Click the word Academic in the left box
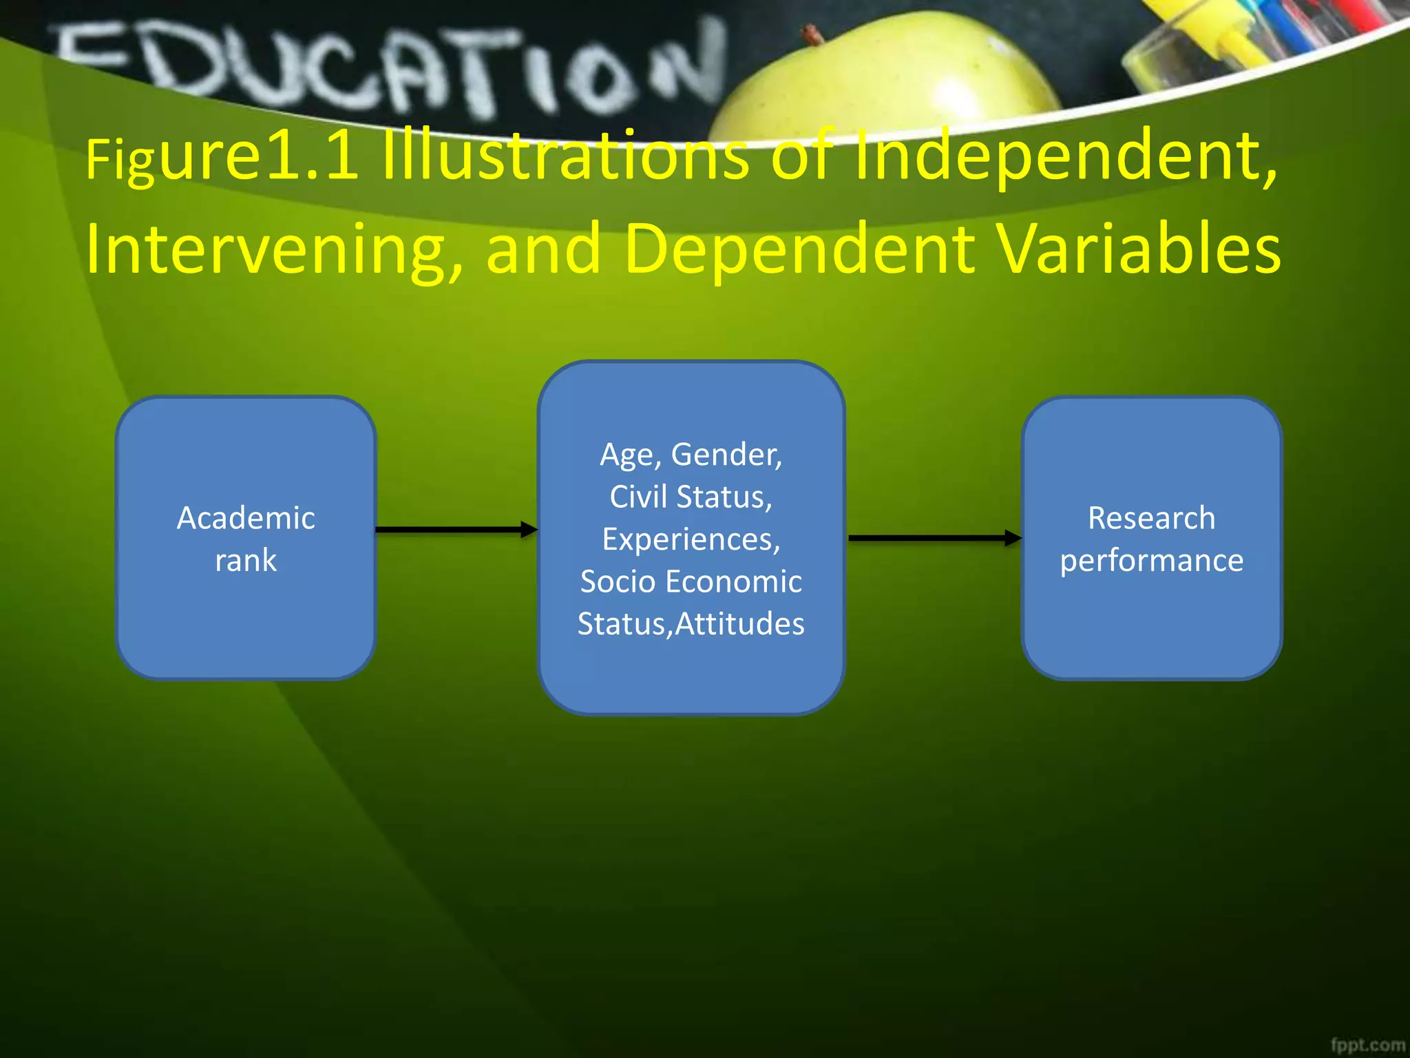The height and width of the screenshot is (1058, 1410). click(x=246, y=518)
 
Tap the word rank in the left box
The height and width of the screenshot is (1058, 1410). click(x=246, y=561)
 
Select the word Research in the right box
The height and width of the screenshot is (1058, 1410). click(x=1151, y=518)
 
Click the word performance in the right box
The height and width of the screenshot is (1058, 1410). click(x=1151, y=561)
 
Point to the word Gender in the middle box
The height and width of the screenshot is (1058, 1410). click(x=726, y=455)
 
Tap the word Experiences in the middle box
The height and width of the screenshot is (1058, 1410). click(x=691, y=539)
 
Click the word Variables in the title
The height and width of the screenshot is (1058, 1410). click(x=1139, y=249)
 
